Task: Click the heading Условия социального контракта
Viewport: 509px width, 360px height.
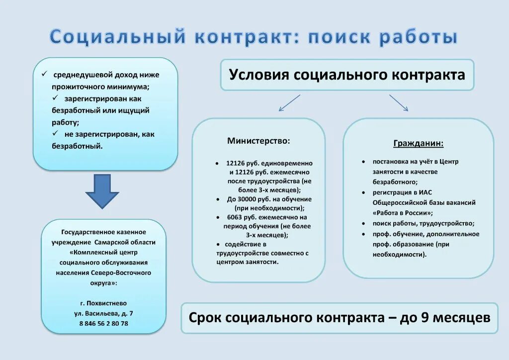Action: click(x=347, y=75)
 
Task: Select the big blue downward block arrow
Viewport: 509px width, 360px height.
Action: click(x=102, y=191)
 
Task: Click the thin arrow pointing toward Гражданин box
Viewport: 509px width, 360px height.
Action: click(x=399, y=103)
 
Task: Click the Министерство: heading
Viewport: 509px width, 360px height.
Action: click(x=258, y=141)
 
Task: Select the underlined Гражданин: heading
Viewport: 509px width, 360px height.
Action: click(x=419, y=144)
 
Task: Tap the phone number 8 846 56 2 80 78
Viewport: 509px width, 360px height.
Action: click(x=103, y=323)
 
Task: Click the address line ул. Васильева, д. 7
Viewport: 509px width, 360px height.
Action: click(x=103, y=313)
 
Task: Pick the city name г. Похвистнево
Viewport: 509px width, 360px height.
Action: click(x=103, y=303)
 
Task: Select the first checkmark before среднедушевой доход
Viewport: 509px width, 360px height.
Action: click(x=44, y=74)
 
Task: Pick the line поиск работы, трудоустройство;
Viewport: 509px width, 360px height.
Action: click(x=424, y=223)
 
